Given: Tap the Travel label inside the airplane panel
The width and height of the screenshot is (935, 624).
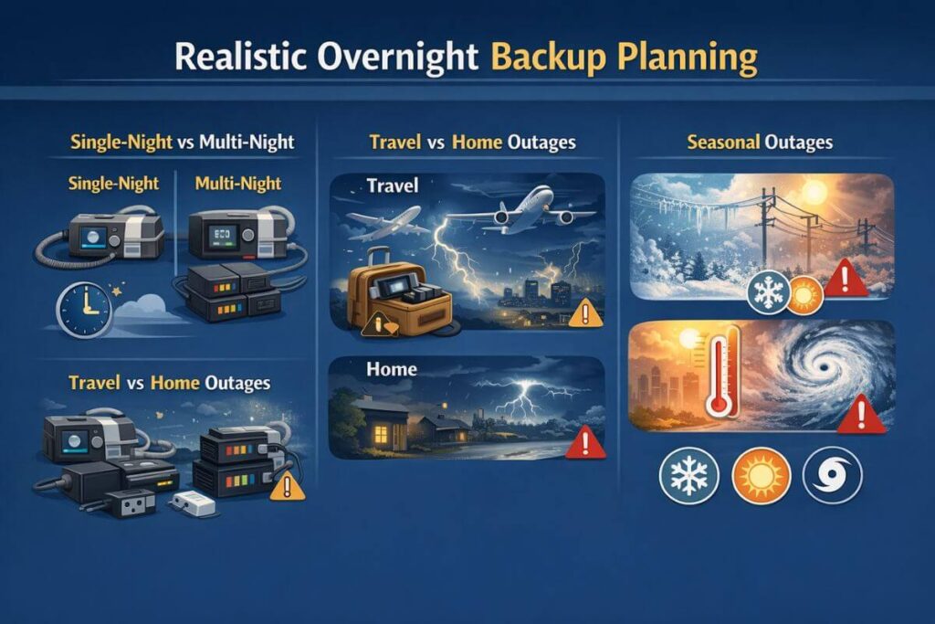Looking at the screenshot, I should (392, 185).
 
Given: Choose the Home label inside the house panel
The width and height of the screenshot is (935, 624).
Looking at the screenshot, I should (390, 369).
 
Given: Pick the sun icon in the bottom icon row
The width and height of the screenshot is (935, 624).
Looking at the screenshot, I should (757, 475).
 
